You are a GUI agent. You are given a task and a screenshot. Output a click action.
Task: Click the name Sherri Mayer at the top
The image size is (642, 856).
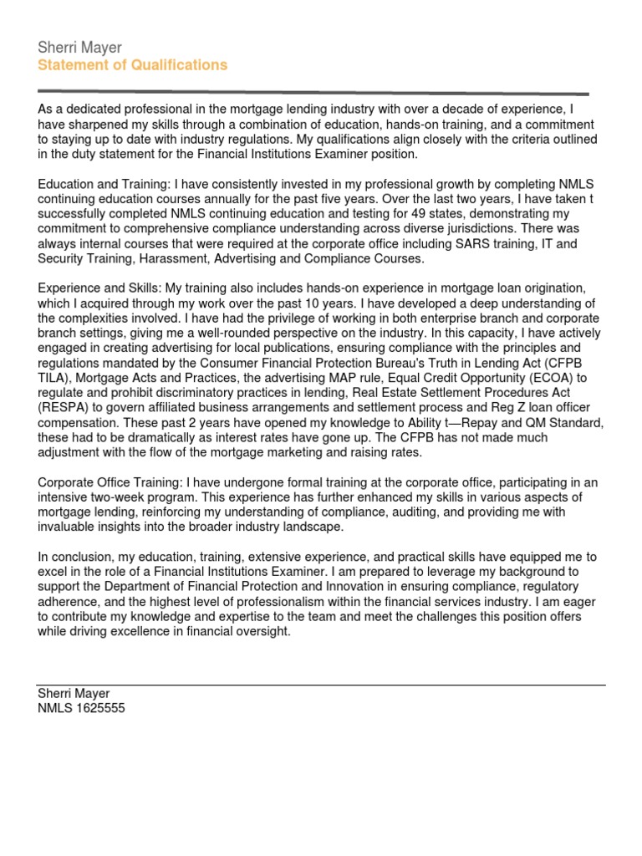click(79, 48)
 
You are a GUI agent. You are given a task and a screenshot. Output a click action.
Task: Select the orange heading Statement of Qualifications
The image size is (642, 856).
click(132, 65)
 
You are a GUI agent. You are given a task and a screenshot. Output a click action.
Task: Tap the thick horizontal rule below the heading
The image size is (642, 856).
click(313, 93)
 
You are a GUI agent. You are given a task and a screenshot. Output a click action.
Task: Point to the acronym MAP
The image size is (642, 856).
click(323, 379)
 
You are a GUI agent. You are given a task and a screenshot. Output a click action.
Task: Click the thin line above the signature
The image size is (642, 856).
click(321, 685)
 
